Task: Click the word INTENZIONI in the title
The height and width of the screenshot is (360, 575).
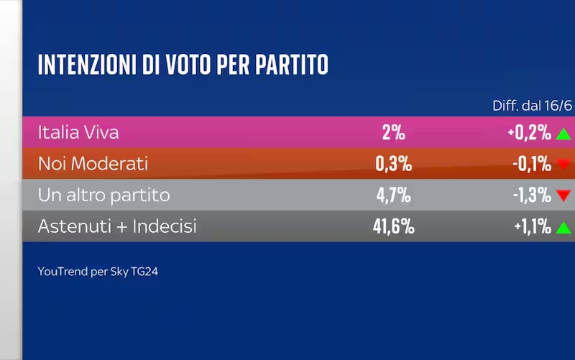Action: (87, 65)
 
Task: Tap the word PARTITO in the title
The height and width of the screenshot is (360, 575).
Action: (292, 65)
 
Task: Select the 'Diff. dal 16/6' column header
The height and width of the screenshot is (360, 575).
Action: (532, 106)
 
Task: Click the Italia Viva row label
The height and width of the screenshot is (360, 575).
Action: (78, 132)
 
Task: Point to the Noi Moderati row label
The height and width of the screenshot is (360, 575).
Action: (93, 164)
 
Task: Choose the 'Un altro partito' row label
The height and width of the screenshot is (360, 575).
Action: (103, 195)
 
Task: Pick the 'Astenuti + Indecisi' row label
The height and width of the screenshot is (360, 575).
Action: (117, 226)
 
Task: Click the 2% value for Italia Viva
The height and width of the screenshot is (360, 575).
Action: (393, 132)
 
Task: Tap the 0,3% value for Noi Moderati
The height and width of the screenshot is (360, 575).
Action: (393, 164)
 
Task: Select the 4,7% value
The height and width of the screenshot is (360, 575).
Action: (393, 195)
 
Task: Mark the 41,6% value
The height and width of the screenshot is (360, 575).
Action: (393, 226)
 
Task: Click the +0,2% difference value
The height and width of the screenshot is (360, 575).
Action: (529, 132)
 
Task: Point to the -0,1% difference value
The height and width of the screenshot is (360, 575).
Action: (532, 164)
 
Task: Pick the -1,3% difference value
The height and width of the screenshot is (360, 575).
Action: (532, 195)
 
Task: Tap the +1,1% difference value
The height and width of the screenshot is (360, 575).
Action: (533, 226)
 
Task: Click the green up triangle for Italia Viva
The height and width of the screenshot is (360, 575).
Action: (563, 134)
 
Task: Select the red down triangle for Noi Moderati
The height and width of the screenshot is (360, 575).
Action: (563, 164)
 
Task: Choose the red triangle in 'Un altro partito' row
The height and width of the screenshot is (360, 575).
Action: (563, 195)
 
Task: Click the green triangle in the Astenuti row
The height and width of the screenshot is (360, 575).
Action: (563, 228)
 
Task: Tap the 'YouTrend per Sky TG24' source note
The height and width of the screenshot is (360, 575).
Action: (98, 272)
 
